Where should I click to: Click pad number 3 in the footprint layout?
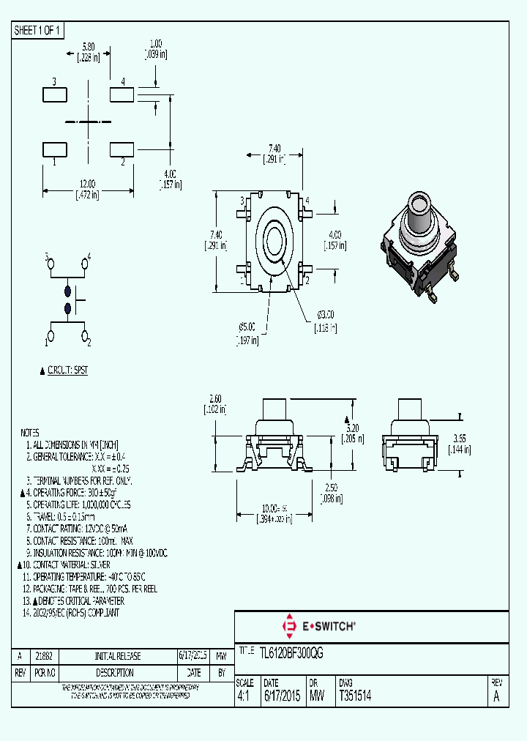pyautogui.click(x=55, y=94)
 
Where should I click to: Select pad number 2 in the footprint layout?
pyautogui.click(x=122, y=149)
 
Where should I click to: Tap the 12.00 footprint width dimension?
pyautogui.click(x=87, y=183)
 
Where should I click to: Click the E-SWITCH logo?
pyautogui.click(x=318, y=626)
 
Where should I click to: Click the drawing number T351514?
pyautogui.click(x=355, y=697)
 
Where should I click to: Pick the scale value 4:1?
pyautogui.click(x=244, y=697)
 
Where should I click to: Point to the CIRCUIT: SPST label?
pyautogui.click(x=67, y=370)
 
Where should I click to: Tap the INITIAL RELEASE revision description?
pyautogui.click(x=118, y=656)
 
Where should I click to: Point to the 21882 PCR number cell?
pyautogui.click(x=44, y=656)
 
